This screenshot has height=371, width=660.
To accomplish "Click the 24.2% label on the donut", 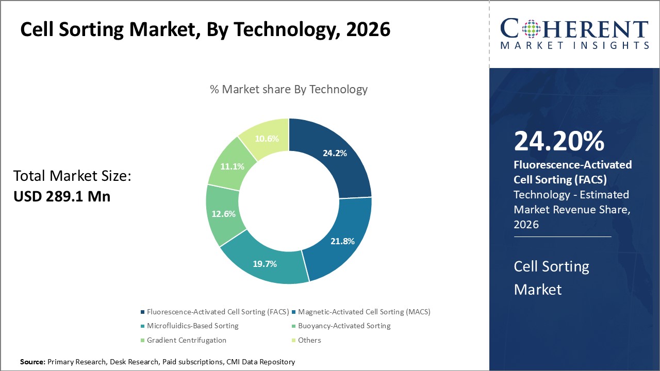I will click(335, 153).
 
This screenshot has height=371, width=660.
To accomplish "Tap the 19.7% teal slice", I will click(265, 264).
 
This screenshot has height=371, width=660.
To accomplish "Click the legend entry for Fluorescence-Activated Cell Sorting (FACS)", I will click(214, 312).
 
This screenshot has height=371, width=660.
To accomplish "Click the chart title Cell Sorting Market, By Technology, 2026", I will click(205, 30).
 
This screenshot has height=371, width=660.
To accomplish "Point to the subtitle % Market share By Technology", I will click(289, 89).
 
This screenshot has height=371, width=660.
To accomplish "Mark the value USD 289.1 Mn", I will click(62, 196).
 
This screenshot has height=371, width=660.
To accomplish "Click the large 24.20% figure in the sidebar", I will click(559, 142).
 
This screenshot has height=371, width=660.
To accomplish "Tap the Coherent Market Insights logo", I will click(574, 34).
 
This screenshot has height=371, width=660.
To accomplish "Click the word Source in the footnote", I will click(32, 362).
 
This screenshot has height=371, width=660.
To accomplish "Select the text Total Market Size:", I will click(73, 176).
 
